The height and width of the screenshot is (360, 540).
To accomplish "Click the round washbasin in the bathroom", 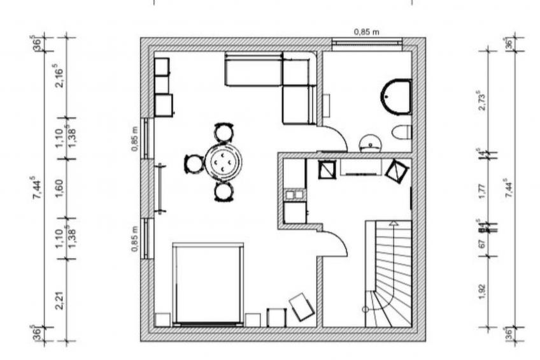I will coord(370,142).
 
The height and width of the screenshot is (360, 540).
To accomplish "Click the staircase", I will coord(387,274).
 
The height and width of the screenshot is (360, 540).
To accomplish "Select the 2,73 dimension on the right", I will coord(482,101).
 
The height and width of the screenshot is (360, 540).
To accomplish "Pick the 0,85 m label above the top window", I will coord(367,31).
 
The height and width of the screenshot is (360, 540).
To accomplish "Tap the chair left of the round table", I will coord(194,164).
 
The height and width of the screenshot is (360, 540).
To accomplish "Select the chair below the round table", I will coord(223,191).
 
